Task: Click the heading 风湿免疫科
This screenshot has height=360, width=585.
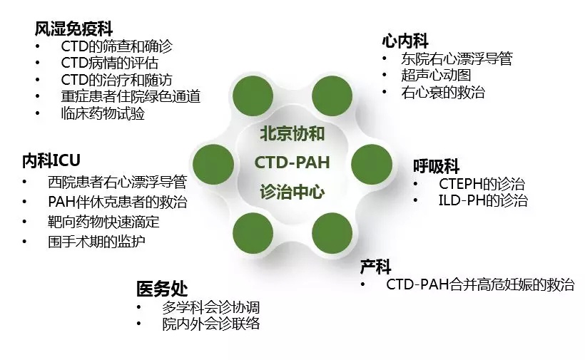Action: tap(73, 29)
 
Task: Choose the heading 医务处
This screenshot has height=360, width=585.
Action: tap(162, 289)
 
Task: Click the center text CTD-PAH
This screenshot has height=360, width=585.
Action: tap(292, 163)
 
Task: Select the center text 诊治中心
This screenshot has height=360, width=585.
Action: tap(292, 192)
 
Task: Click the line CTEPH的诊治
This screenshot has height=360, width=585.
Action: tap(482, 184)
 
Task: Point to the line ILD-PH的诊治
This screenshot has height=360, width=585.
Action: tap(483, 200)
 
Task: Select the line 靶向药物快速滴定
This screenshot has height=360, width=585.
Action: tap(103, 222)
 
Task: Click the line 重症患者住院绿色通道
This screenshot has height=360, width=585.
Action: tap(131, 96)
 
